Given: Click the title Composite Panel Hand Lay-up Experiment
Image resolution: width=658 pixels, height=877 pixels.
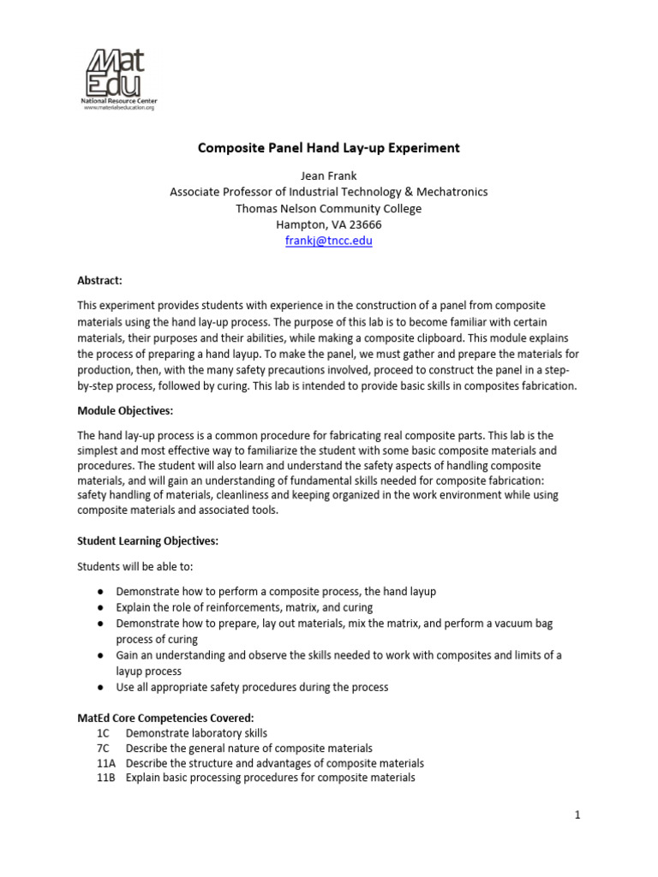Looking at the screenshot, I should pyautogui.click(x=329, y=148).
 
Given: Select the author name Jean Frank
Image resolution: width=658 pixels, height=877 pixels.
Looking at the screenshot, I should pyautogui.click(x=329, y=176).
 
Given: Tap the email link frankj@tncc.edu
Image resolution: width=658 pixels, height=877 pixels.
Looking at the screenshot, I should pyautogui.click(x=329, y=241).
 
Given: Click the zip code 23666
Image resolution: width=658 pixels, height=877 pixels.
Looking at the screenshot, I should pyautogui.click(x=364, y=224).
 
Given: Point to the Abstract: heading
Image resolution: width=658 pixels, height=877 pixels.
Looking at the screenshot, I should pyautogui.click(x=100, y=280).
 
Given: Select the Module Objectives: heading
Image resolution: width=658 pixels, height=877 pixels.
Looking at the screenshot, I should pyautogui.click(x=126, y=411).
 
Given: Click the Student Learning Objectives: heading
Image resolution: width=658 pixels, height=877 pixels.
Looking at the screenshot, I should pyautogui.click(x=148, y=541).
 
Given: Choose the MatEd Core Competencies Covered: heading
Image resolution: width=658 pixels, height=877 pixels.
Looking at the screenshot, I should pyautogui.click(x=165, y=718).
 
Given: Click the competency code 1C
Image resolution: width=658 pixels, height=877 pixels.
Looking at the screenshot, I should pyautogui.click(x=104, y=733).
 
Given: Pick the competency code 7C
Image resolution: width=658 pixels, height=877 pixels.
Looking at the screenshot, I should pyautogui.click(x=104, y=748).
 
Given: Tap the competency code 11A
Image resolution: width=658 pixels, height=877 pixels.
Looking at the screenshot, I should pyautogui.click(x=106, y=763).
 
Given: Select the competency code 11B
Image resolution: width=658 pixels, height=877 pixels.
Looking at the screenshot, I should pyautogui.click(x=106, y=778).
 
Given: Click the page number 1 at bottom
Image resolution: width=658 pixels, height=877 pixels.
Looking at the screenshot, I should pyautogui.click(x=577, y=815).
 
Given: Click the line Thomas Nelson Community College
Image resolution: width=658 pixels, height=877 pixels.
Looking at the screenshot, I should pyautogui.click(x=329, y=208).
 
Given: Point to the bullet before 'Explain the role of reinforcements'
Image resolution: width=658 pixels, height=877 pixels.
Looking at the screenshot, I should pyautogui.click(x=101, y=607).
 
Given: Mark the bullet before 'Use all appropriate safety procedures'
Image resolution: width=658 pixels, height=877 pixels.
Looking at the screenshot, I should pyautogui.click(x=101, y=687).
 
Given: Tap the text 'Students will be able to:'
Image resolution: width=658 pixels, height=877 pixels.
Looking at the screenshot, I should pyautogui.click(x=141, y=566).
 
